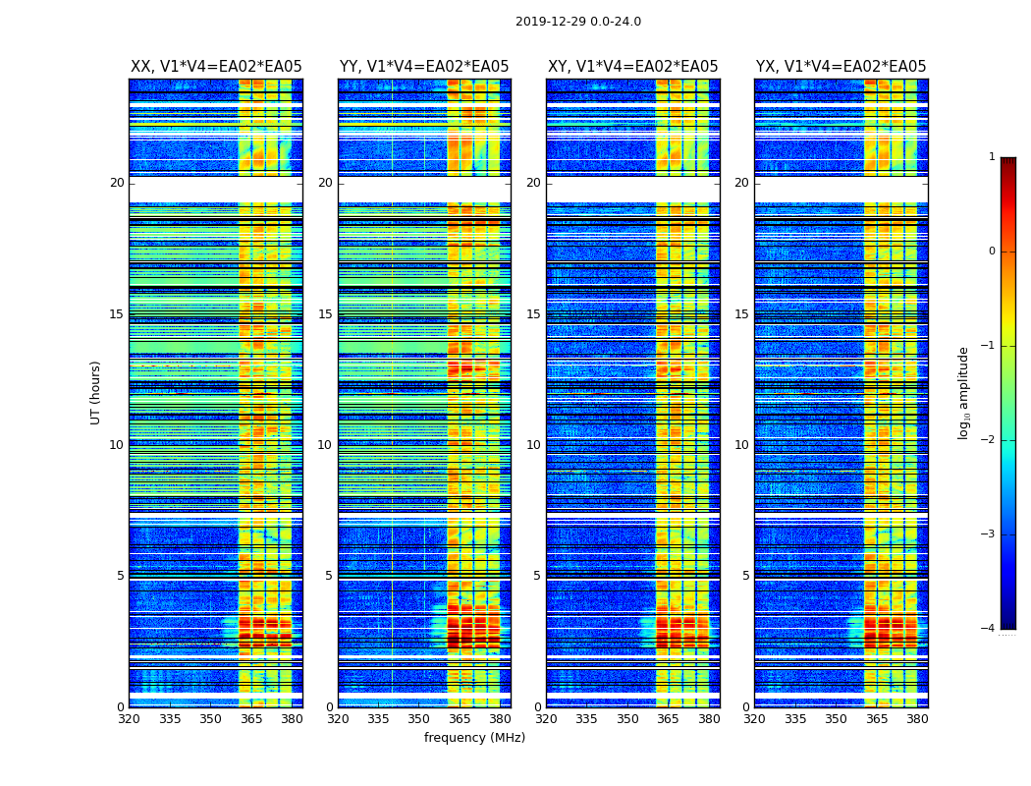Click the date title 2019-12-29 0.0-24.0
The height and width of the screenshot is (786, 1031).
(578, 22)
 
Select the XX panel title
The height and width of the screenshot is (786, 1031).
(216, 67)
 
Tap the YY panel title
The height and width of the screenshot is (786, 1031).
(424, 67)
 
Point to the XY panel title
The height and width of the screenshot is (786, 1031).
(632, 67)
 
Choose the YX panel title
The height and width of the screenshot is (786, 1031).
(841, 67)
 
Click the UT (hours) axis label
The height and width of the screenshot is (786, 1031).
(96, 392)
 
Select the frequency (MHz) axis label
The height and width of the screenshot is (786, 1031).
(474, 738)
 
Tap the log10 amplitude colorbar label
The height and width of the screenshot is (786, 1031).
(964, 392)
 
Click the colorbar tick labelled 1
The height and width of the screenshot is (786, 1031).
(992, 157)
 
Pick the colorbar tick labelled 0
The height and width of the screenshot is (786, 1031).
(992, 252)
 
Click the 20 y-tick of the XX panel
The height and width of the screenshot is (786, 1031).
(117, 183)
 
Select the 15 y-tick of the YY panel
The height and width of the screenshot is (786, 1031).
(325, 314)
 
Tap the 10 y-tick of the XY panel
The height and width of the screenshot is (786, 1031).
(533, 445)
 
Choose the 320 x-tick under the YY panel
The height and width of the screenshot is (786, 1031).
(338, 718)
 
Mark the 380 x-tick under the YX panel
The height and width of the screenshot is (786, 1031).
(917, 718)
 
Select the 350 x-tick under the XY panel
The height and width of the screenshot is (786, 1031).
(627, 718)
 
